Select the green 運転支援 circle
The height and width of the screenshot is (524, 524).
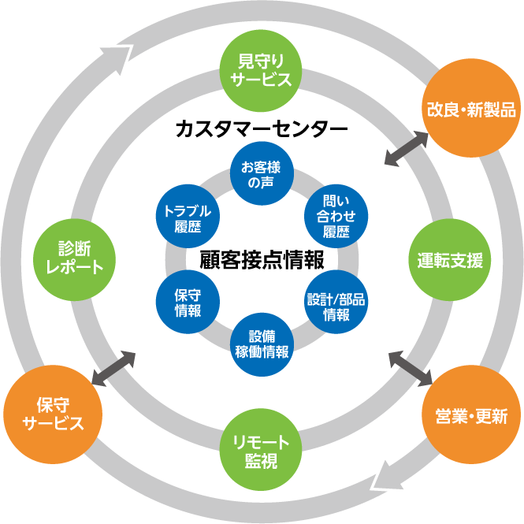click(450, 259)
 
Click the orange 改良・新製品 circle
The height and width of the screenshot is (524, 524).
click(471, 109)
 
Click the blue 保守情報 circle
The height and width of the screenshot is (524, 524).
click(188, 301)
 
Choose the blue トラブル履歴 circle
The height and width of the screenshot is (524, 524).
click(188, 217)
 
